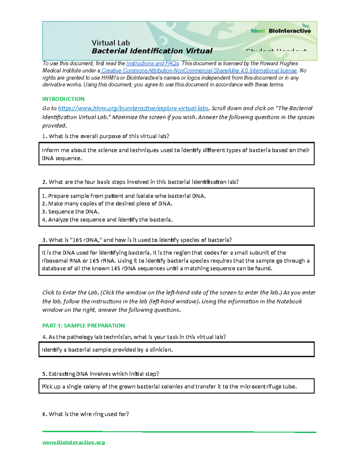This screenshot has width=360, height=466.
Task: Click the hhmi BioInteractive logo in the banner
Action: coord(280,30)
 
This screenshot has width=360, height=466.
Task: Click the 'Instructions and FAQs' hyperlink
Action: coord(152,63)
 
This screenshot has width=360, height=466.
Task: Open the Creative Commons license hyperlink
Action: coord(199,71)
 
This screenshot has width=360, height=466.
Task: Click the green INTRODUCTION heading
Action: coord(63,99)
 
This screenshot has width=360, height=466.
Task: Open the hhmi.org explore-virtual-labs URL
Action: coord(133,108)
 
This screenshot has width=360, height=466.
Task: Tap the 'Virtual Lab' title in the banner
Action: coord(110,43)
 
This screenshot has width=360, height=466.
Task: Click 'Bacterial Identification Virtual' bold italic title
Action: coord(152,51)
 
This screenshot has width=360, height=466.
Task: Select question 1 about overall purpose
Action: coord(106,136)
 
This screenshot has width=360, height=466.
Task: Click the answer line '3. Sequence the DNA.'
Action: coord(70,212)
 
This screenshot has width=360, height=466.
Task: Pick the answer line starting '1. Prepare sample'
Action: coord(124,196)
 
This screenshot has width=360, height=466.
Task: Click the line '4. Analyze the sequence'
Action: coord(107,220)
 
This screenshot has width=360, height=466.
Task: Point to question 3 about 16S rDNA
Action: coord(137,240)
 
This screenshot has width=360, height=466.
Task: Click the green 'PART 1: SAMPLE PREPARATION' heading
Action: coord(83,325)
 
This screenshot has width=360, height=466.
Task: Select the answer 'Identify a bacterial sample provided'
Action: coord(107,350)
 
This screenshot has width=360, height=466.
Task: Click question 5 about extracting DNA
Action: coord(100,374)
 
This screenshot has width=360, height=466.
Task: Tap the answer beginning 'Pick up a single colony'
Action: coord(169,386)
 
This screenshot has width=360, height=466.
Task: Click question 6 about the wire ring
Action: coord(85,414)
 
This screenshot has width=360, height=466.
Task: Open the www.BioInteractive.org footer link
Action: coord(73,442)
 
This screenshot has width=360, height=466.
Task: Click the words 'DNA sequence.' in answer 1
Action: coord(62,158)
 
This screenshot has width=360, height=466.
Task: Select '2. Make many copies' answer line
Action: coord(107,204)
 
